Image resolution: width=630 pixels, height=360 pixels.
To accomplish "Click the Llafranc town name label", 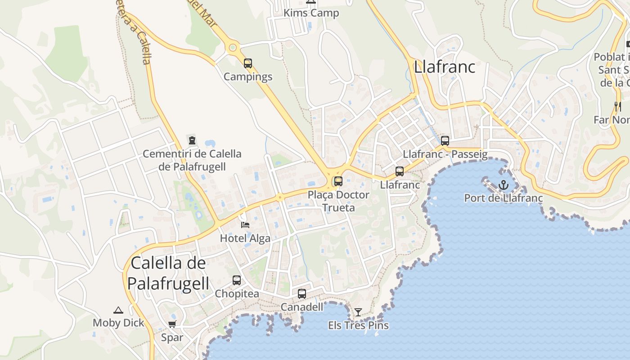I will click(x=444, y=67).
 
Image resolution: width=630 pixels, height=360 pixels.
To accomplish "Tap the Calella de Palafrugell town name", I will click(x=168, y=273).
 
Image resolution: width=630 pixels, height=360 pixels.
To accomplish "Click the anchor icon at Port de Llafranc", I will click(x=503, y=184).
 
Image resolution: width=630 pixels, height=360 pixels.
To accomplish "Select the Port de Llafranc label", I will click(x=503, y=198).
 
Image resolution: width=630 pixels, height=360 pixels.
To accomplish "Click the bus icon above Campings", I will click(x=248, y=63).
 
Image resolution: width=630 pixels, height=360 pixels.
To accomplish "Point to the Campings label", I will click(x=248, y=76).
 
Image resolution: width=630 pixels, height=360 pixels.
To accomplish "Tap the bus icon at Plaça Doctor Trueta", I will click(x=338, y=181).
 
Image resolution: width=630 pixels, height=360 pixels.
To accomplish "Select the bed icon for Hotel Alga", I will click(x=245, y=225).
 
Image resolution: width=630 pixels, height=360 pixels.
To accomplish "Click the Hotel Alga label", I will click(x=245, y=238).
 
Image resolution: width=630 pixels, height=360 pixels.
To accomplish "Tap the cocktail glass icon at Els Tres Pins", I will click(x=358, y=312).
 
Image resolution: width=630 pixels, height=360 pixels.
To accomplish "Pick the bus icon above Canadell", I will click(x=302, y=294).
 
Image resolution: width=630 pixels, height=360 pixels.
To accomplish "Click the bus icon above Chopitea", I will click(x=237, y=280).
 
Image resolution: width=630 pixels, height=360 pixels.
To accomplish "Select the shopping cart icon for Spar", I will click(x=172, y=324).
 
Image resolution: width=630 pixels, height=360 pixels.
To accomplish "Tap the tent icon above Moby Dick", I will click(x=118, y=310).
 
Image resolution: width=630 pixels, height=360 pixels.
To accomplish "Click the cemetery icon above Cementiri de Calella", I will click(x=192, y=140).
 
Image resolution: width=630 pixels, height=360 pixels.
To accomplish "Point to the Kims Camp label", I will click(x=311, y=13).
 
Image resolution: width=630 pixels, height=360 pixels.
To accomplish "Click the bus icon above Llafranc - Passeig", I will click(x=445, y=141).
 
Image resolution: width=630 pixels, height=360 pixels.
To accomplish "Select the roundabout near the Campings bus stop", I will click(x=233, y=47).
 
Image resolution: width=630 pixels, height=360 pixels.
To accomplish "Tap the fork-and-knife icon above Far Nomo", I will click(x=618, y=107).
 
